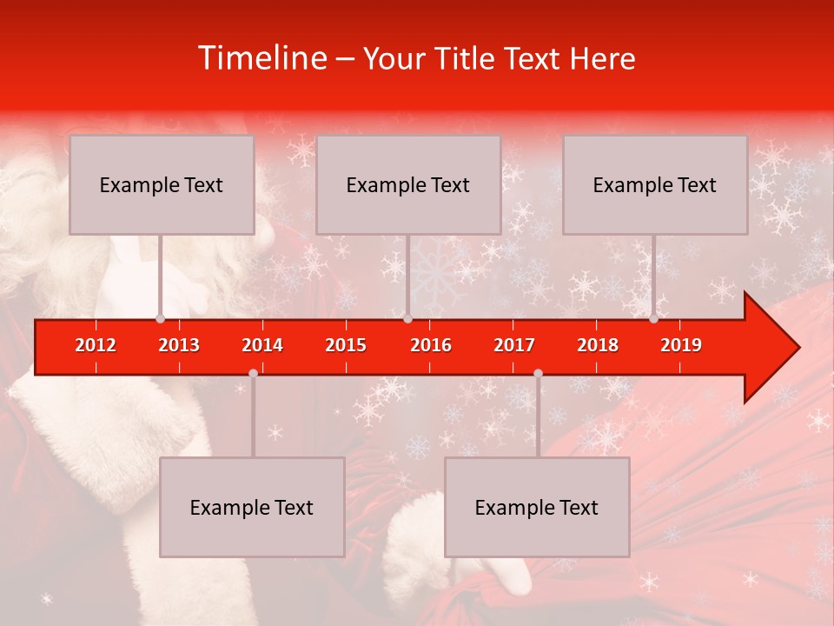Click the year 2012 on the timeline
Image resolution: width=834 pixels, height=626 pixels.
click(x=96, y=345)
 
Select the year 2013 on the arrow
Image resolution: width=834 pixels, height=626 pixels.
click(x=179, y=345)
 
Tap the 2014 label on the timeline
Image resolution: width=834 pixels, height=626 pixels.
click(x=262, y=345)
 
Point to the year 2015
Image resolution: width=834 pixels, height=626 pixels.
click(x=346, y=345)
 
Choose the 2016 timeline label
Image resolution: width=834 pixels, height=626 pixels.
click(x=431, y=345)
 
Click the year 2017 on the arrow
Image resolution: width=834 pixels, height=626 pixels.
click(x=514, y=345)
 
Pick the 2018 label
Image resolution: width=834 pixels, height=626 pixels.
click(x=598, y=345)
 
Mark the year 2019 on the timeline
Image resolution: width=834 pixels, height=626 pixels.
click(x=681, y=345)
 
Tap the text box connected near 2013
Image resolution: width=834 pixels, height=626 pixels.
click(x=162, y=184)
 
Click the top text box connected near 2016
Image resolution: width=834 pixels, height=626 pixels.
click(x=408, y=184)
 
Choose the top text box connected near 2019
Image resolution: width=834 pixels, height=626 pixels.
click(x=655, y=184)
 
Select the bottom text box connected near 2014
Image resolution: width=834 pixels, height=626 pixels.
click(x=252, y=507)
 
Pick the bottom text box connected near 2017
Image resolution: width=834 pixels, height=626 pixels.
click(x=537, y=507)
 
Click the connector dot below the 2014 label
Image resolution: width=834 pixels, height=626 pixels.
click(x=253, y=373)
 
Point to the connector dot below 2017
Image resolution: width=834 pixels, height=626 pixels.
click(x=538, y=373)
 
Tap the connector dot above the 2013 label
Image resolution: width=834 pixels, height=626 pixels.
click(x=160, y=318)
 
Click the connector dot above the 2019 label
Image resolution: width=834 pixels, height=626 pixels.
click(x=653, y=318)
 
